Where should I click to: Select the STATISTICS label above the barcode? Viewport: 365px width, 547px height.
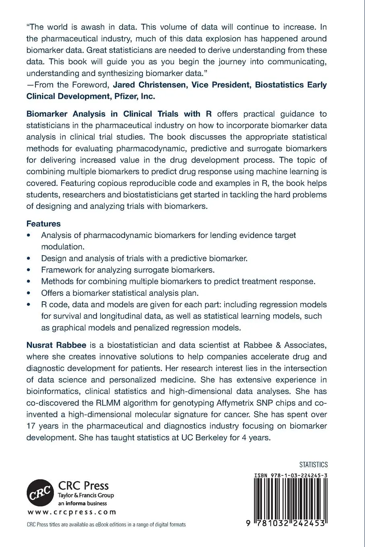pos(313,465)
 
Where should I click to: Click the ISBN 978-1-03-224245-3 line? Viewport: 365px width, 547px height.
pos(291,475)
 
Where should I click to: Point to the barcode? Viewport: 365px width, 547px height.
pos(290,499)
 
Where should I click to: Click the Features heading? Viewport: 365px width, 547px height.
pos(43,224)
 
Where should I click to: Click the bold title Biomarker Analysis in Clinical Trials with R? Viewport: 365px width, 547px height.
pos(119,114)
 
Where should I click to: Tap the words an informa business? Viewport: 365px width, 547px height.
pos(82,503)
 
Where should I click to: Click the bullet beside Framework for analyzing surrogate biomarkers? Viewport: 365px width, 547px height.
pos(28,270)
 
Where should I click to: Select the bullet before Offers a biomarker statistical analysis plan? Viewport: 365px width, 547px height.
pos(28,293)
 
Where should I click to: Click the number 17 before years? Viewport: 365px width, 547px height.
pos(31,426)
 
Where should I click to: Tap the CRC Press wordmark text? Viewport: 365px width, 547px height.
pos(84,485)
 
